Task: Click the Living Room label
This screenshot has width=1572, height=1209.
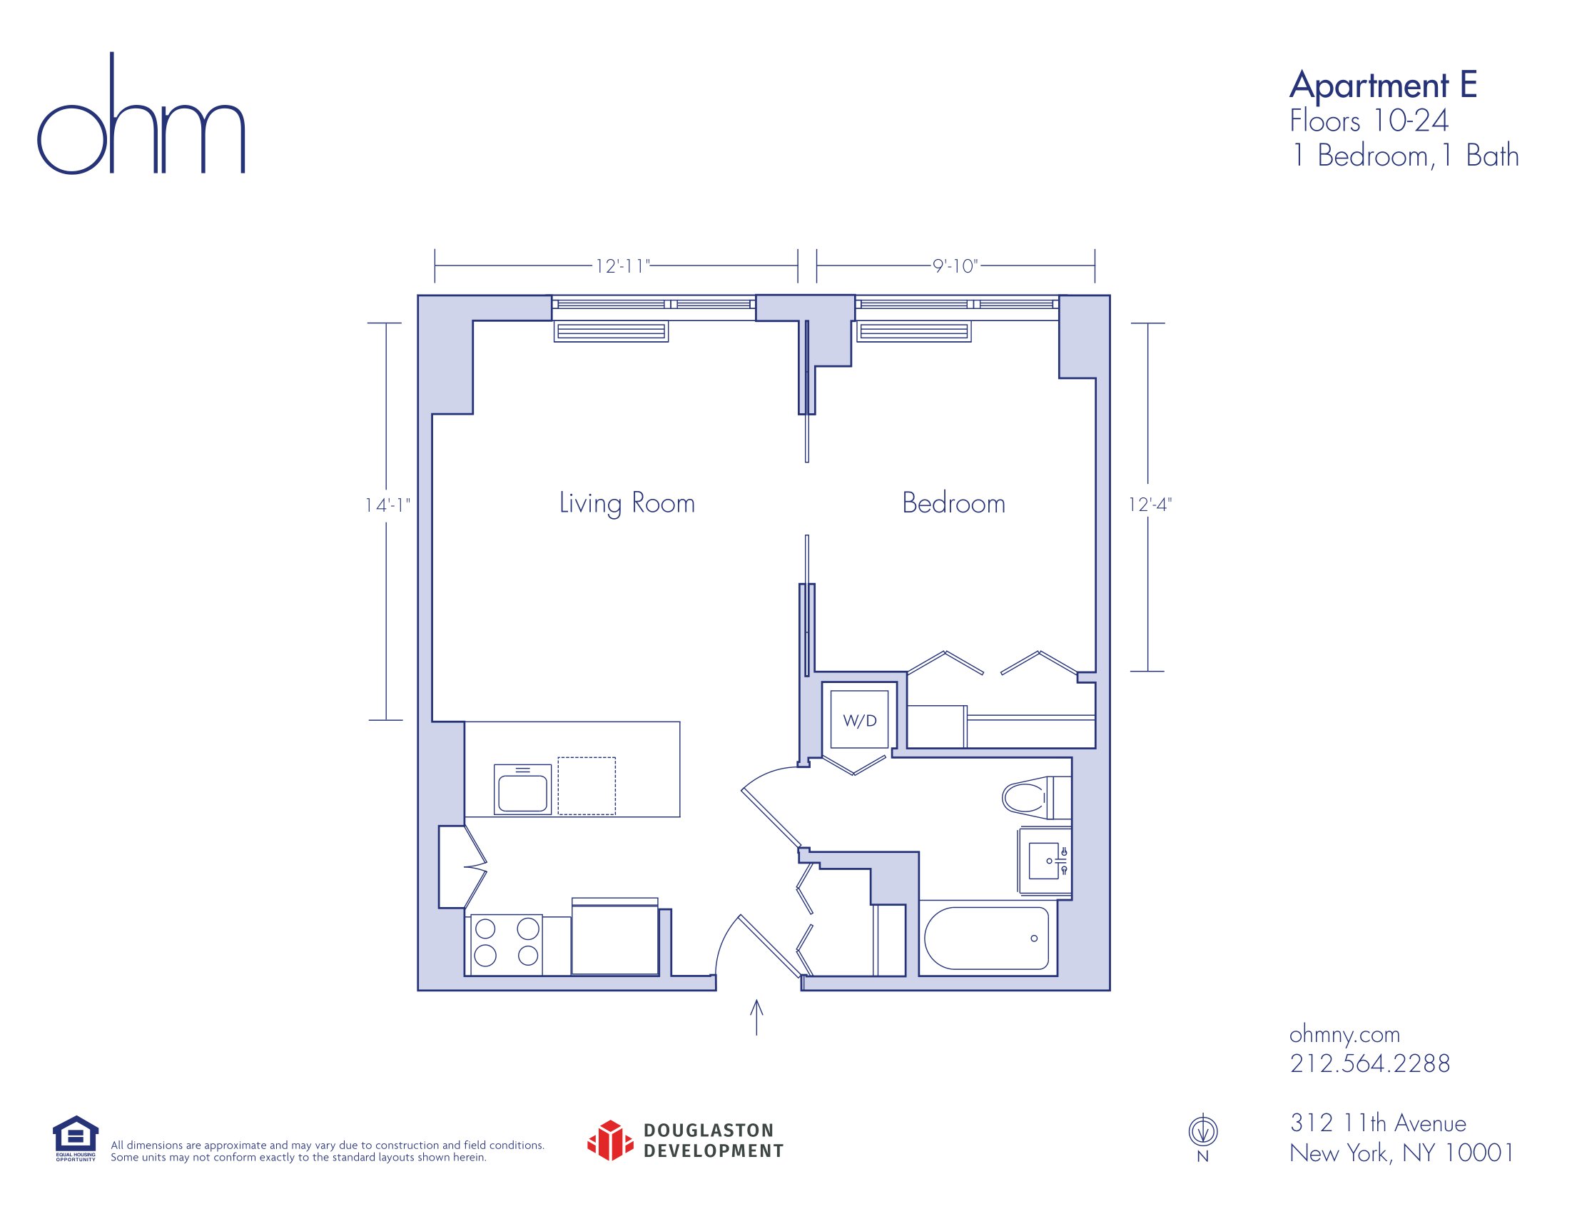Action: tap(627, 503)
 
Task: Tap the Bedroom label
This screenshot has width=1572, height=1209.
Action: tap(953, 502)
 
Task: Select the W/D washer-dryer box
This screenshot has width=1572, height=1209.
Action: tap(860, 719)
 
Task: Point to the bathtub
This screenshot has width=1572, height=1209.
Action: tap(986, 939)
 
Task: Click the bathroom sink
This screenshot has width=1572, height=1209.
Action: tap(1045, 861)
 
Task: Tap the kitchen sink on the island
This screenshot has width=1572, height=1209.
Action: tap(522, 789)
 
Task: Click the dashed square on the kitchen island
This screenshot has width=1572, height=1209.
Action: tap(587, 786)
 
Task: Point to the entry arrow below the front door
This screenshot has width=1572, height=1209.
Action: tap(756, 1017)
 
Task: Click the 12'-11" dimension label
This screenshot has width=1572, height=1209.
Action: tap(622, 266)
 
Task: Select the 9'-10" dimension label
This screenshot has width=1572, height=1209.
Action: tap(955, 266)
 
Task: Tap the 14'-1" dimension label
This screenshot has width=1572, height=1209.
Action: tap(387, 505)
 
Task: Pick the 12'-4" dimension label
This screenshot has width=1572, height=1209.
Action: tap(1150, 505)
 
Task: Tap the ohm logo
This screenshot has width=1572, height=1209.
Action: tap(141, 113)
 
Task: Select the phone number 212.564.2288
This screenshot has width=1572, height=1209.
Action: tap(1370, 1063)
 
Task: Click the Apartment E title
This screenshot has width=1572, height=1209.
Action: tap(1383, 86)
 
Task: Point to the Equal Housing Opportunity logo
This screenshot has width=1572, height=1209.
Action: tap(76, 1138)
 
